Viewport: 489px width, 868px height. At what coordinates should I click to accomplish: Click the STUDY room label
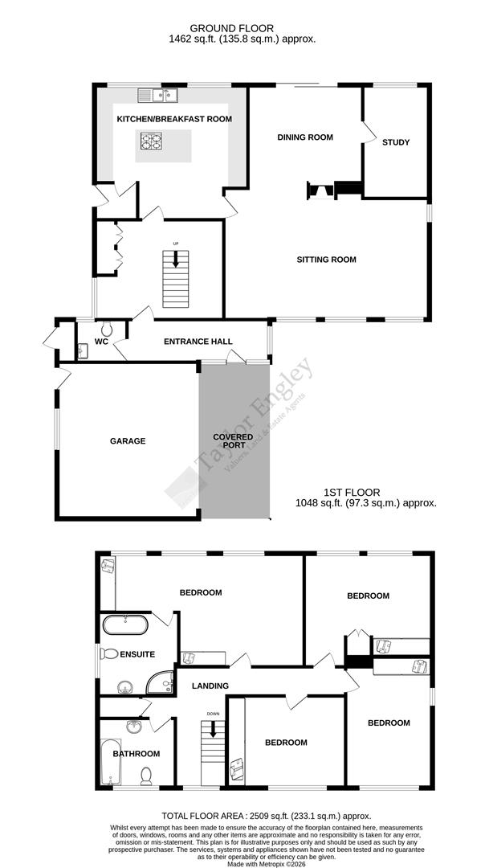(x=396, y=142)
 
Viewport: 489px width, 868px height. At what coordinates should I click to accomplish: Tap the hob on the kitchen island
(x=152, y=142)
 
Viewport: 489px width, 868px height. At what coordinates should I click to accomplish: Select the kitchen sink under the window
(x=158, y=96)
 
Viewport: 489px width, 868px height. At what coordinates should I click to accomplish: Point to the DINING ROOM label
(x=305, y=137)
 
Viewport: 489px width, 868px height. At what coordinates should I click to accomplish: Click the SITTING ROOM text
(x=326, y=260)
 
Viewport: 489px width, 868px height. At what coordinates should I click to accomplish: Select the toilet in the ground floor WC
(x=107, y=328)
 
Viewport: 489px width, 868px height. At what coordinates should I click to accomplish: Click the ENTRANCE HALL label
(x=198, y=342)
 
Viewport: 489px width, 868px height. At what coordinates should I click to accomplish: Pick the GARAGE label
(x=128, y=440)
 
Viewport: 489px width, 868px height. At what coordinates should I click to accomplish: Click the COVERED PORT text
(x=233, y=441)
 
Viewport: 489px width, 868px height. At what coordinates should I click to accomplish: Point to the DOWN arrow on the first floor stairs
(x=213, y=729)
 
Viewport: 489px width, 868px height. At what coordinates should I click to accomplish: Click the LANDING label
(x=210, y=686)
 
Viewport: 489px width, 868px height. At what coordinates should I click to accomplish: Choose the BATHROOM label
(x=136, y=754)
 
